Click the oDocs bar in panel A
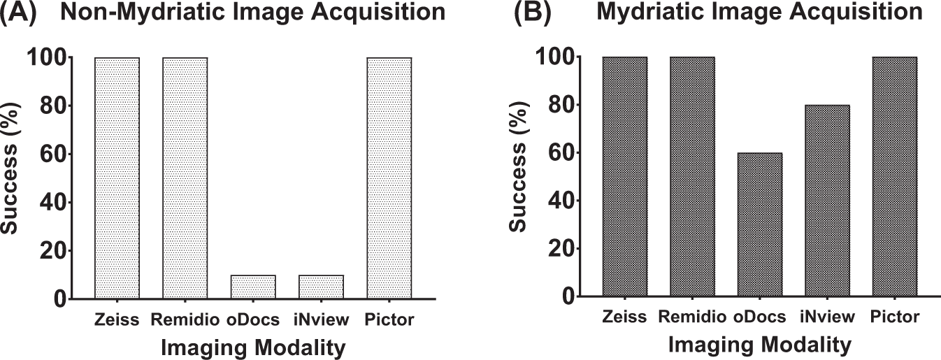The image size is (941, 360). pyautogui.click(x=253, y=287)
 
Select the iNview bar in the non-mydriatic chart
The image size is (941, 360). pyautogui.click(x=322, y=287)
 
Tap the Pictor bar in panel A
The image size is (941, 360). pyautogui.click(x=389, y=178)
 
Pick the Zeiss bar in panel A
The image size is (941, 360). pyautogui.click(x=117, y=178)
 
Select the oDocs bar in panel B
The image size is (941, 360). pyautogui.click(x=760, y=225)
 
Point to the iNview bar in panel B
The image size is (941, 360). pyautogui.click(x=828, y=201)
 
